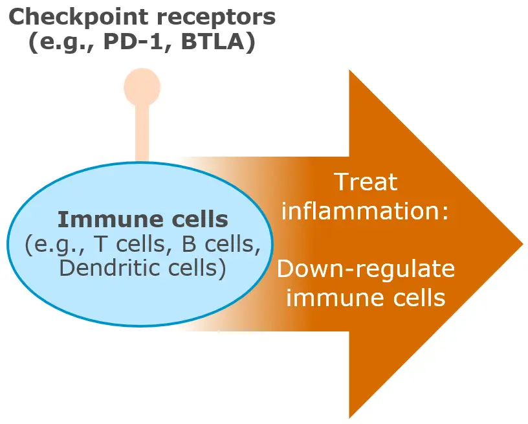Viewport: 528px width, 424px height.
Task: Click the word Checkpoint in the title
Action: [x=78, y=17]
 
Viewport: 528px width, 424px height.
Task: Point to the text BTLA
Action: [x=212, y=42]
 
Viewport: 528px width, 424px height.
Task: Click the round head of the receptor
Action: [x=142, y=87]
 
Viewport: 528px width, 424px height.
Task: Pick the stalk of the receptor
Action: [x=142, y=134]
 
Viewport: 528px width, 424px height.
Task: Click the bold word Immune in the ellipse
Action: [x=111, y=219]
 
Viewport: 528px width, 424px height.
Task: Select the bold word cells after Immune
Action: [x=200, y=219]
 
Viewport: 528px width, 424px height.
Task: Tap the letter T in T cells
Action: [x=100, y=244]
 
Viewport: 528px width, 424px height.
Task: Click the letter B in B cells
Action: [x=189, y=244]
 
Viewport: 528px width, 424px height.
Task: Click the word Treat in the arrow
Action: [x=367, y=182]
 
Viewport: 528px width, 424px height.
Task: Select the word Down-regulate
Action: [x=366, y=269]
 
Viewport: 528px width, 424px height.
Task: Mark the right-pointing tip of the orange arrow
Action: [x=523, y=244]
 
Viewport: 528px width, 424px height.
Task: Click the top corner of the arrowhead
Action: [x=349, y=70]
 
